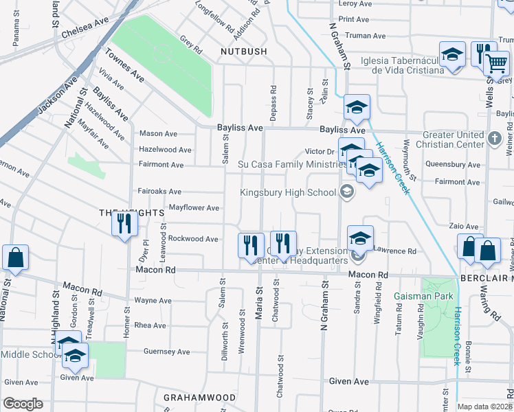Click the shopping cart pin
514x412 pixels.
point(496,65)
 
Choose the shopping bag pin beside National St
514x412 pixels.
point(15,259)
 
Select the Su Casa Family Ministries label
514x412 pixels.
point(291,165)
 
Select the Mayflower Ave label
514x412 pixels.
point(194,208)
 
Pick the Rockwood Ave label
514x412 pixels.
point(193,239)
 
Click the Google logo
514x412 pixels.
point(23,404)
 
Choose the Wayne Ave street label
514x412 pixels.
point(153,301)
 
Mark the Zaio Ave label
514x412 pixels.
point(463,226)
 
